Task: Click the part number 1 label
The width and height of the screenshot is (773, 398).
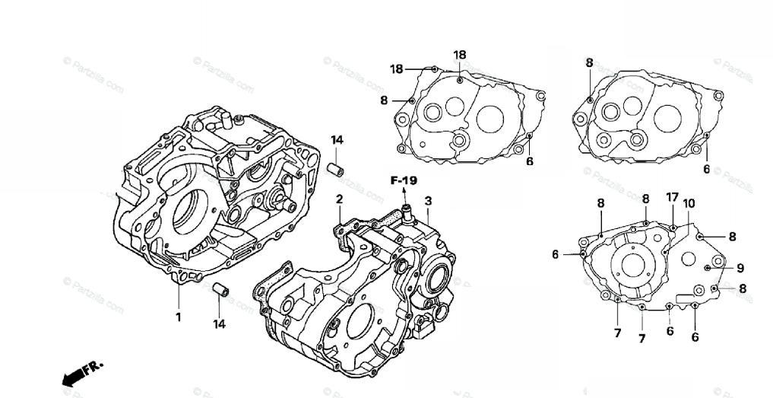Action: point(179,317)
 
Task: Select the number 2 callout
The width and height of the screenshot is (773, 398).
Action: point(339,199)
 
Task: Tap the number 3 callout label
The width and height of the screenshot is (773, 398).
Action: point(428,201)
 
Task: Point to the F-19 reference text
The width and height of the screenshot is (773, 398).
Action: point(404,181)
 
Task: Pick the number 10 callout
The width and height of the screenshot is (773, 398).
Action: point(689,203)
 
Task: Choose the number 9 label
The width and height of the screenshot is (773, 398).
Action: point(740,268)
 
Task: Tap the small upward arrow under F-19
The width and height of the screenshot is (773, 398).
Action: point(404,194)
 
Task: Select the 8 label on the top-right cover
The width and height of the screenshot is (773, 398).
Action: point(589,63)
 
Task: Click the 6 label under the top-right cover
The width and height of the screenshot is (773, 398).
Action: point(706,169)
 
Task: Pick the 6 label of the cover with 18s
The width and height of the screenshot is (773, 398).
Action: point(529,161)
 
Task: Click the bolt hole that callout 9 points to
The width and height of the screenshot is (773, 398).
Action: point(708,269)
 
